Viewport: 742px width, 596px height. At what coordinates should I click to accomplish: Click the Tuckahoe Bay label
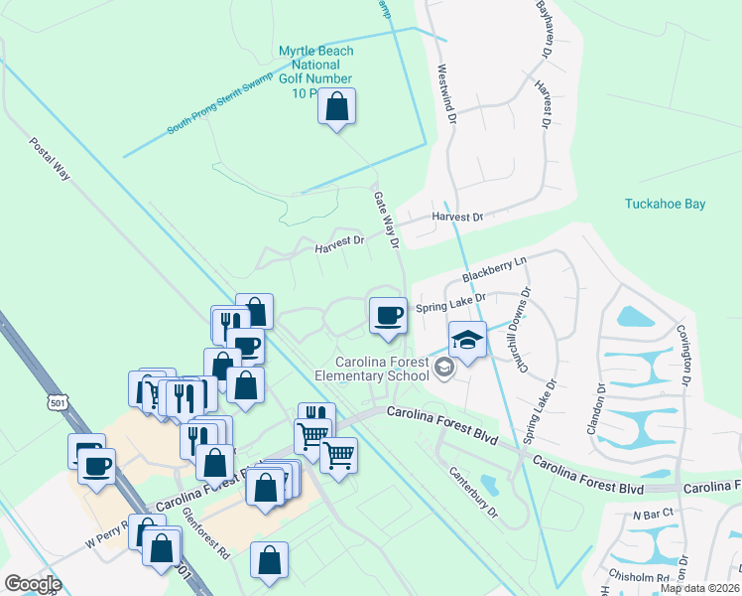point(665,205)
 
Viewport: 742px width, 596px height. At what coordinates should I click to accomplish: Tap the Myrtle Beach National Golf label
point(315,72)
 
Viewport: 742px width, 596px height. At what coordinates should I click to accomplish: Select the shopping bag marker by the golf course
point(337,106)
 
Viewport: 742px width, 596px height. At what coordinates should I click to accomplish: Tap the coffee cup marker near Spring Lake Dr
point(387,315)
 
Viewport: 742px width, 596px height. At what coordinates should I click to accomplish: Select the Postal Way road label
point(50,158)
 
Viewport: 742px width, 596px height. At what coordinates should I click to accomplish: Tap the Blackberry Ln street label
point(494,269)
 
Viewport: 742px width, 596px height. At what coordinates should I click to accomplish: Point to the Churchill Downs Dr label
point(525,329)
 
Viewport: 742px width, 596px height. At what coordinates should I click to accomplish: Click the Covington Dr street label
point(683,354)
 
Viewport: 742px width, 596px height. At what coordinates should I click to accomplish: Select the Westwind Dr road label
point(445,95)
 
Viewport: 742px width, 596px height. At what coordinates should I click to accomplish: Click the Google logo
point(33,583)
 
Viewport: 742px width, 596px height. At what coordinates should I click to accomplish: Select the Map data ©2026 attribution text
point(699,588)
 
